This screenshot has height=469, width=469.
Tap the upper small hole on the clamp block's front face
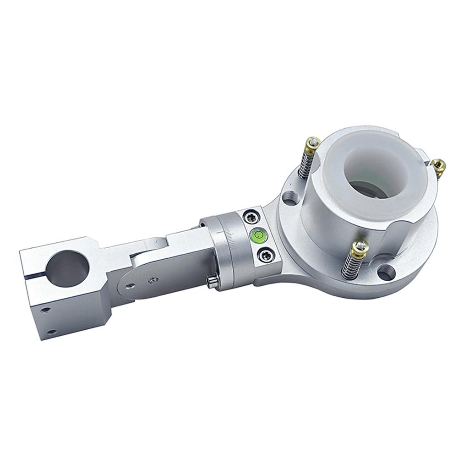(45, 310)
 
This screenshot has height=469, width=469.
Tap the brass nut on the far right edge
(438, 166)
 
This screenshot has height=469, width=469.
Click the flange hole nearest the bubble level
(290, 198)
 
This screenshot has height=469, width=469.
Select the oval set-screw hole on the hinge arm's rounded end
(131, 285)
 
